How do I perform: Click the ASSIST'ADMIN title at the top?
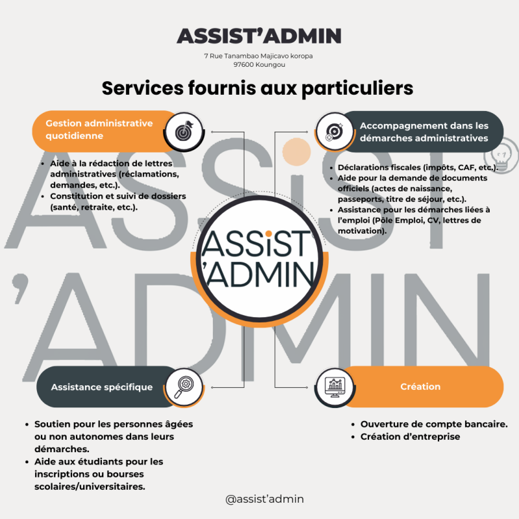point(259,35)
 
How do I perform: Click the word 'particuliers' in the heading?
point(357,88)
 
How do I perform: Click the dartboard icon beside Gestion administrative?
point(184,131)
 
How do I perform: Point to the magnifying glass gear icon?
point(184,387)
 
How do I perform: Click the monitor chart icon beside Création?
point(335,387)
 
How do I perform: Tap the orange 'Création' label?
point(420,387)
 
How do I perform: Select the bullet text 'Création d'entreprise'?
point(410,437)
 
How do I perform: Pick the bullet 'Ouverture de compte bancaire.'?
point(433,424)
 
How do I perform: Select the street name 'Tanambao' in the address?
point(241,56)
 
